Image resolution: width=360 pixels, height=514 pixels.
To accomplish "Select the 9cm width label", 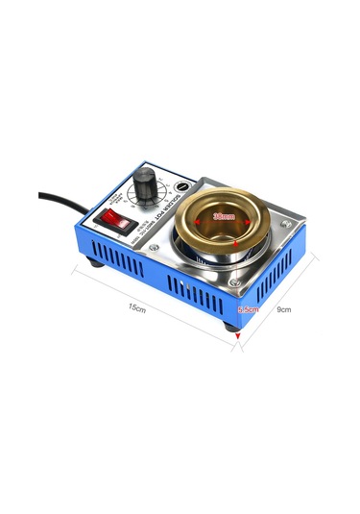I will coord(283,309).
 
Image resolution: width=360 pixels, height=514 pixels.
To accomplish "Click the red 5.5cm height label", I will coord(248,309).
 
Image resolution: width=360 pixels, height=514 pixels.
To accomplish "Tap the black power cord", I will coord(62,201).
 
